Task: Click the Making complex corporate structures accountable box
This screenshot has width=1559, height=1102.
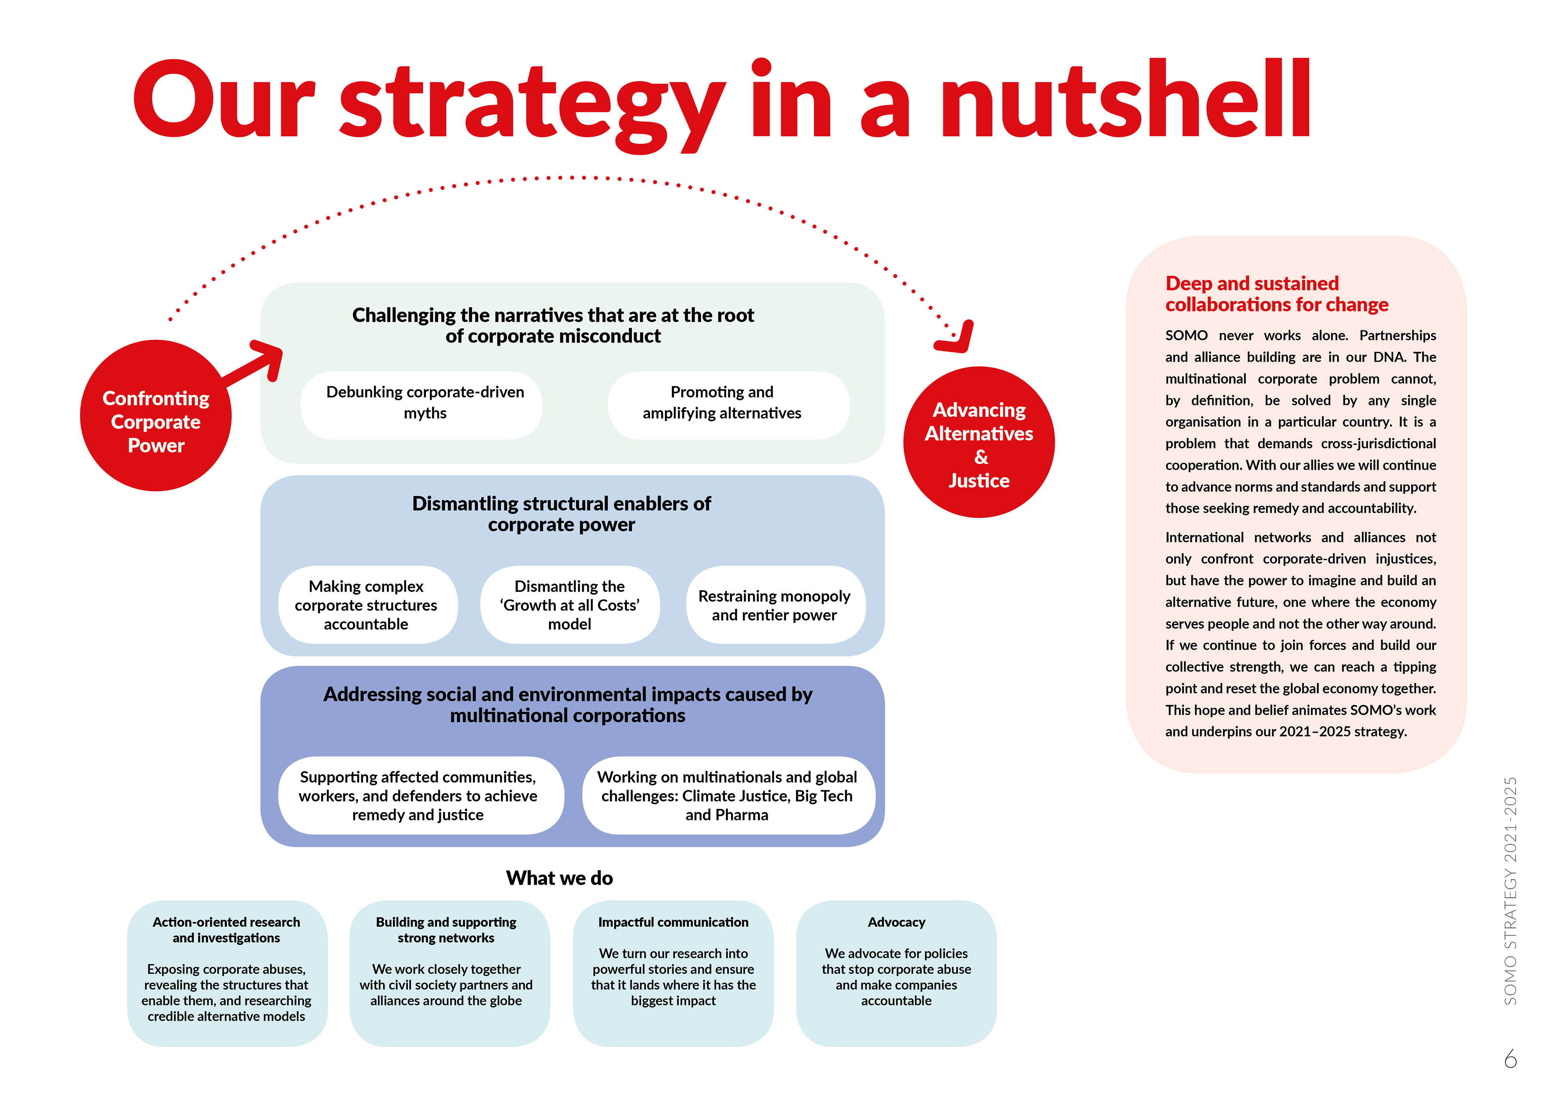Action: tap(367, 604)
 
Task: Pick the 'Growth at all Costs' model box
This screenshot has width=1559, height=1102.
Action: tap(570, 604)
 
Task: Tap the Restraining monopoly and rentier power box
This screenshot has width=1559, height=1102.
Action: tap(775, 604)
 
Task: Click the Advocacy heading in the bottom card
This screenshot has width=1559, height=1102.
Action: tap(896, 922)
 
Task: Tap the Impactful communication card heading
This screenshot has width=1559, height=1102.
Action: tap(673, 922)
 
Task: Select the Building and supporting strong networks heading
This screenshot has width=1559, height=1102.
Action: tap(446, 929)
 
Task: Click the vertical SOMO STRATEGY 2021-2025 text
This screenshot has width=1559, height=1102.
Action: tap(1510, 891)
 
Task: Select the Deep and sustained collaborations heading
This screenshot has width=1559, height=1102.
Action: tap(1276, 293)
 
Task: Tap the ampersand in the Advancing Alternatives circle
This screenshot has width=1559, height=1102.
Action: tap(980, 457)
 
